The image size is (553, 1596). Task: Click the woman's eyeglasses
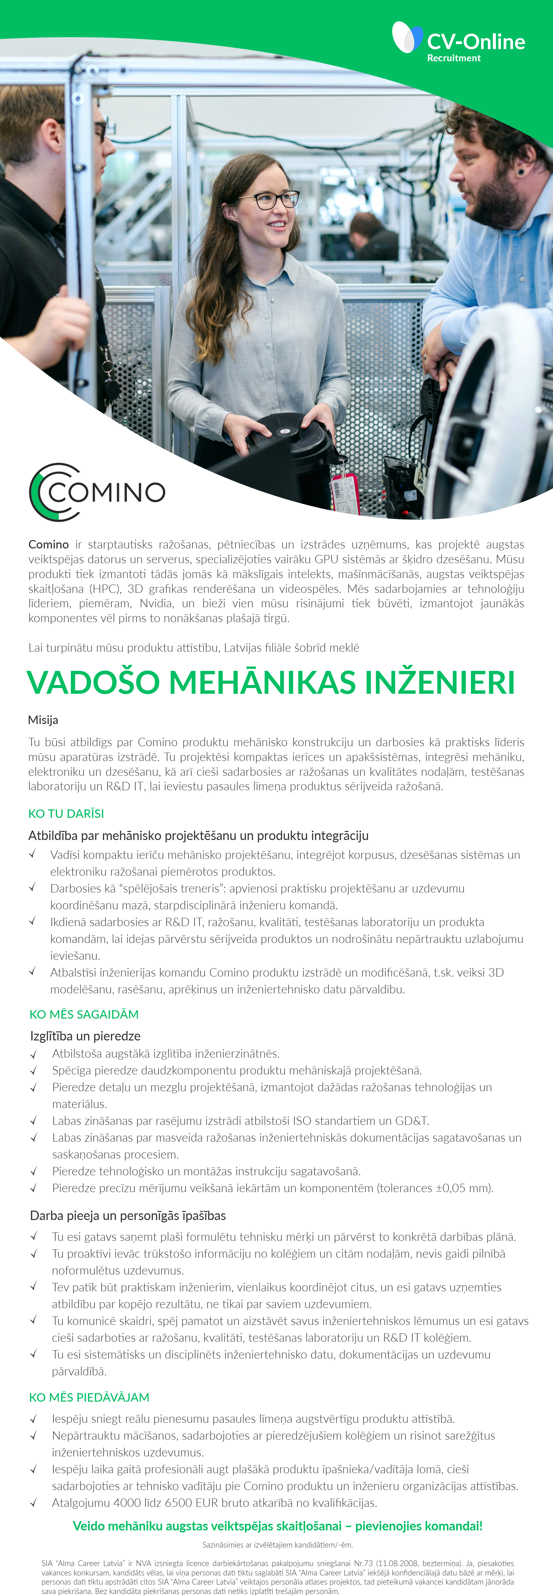270,199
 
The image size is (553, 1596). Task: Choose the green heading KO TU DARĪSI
66,813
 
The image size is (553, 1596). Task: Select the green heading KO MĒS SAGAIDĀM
84,1014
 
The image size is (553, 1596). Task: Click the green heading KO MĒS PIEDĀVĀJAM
89,1397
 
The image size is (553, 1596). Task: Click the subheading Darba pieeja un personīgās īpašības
128,1216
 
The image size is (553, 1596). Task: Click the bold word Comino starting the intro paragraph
48,544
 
